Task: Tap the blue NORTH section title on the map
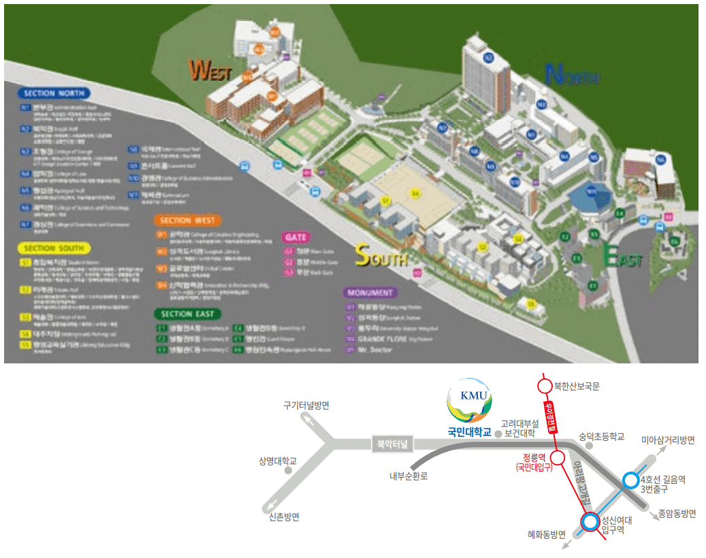573,75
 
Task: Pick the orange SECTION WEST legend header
187,220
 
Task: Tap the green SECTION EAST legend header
187,314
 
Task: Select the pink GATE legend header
296,237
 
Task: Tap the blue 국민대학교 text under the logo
469,431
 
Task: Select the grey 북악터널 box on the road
392,444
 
